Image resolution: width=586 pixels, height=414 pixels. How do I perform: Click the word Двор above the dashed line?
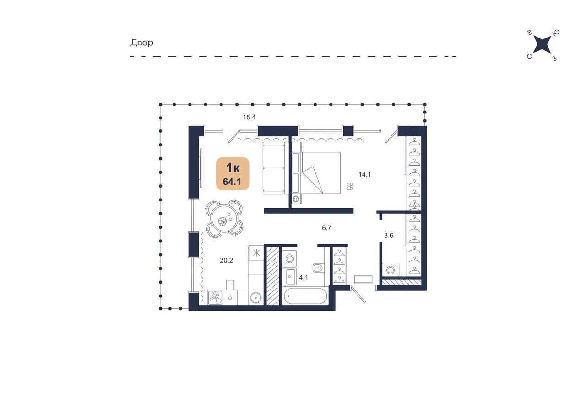pyautogui.click(x=142, y=43)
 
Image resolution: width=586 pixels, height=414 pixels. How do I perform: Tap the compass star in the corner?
pyautogui.click(x=542, y=44)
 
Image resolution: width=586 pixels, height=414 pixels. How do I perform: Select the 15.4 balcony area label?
pyautogui.click(x=250, y=118)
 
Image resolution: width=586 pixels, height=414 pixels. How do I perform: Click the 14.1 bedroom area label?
pyautogui.click(x=364, y=174)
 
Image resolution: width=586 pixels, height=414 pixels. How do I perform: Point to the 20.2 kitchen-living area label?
pyautogui.click(x=226, y=260)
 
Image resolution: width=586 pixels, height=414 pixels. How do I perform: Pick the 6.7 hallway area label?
pyautogui.click(x=326, y=228)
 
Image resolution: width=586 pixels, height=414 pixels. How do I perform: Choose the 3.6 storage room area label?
pyautogui.click(x=389, y=236)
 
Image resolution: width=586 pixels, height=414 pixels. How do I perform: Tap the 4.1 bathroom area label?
pyautogui.click(x=304, y=278)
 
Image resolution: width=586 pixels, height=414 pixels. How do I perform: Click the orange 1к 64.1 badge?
pyautogui.click(x=233, y=174)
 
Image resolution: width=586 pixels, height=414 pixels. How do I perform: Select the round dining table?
pyautogui.click(x=224, y=219)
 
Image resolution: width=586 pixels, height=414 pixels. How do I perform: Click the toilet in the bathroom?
pyautogui.click(x=318, y=268)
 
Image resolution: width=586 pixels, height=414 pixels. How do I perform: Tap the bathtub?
pyautogui.click(x=305, y=296)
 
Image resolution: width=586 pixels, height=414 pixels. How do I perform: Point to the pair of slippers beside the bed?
pyautogui.click(x=350, y=186)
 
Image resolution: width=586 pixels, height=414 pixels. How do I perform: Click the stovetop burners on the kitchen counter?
pyautogui.click(x=215, y=298)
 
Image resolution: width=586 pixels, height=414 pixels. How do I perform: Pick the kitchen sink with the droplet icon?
pyautogui.click(x=230, y=298)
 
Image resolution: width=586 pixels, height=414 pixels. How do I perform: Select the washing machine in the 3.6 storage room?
pyautogui.click(x=391, y=270)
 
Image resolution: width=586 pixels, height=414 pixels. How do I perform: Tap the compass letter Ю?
pyautogui.click(x=556, y=32)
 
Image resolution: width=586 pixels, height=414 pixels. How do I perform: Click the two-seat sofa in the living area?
pyautogui.click(x=274, y=168)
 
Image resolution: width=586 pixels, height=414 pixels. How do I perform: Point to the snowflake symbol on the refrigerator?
pyautogui.click(x=256, y=253)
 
